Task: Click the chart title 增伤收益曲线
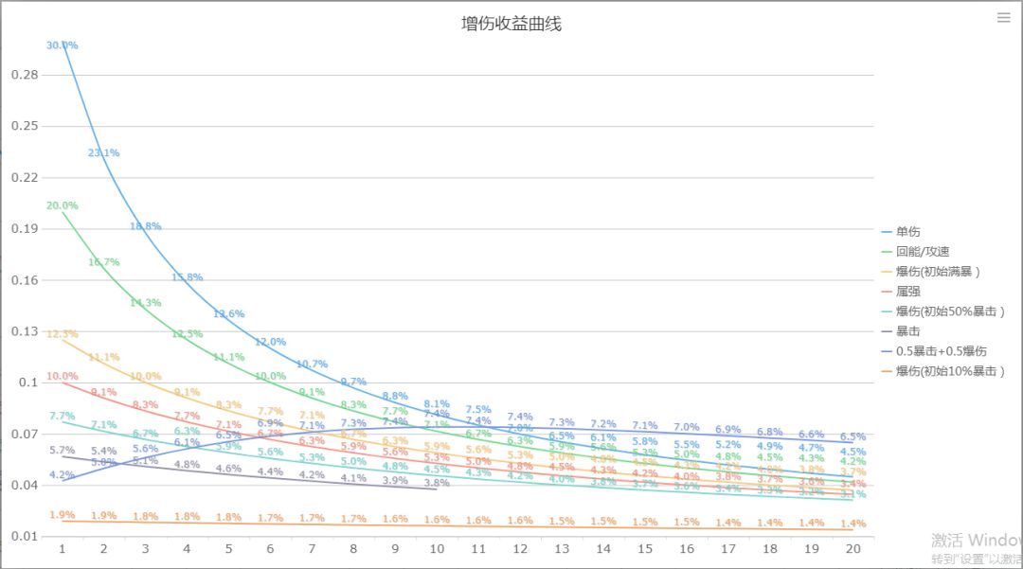pos(511,24)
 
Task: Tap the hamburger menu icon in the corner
pos(1004,17)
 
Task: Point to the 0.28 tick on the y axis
pos(24,75)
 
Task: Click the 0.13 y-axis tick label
pos(24,331)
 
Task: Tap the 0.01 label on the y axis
pos(24,537)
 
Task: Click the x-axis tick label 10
pos(438,549)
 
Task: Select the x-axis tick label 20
pos(852,549)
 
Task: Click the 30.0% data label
pos(63,45)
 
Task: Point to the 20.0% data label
pos(63,205)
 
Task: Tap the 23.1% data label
pos(103,152)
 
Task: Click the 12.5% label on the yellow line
pos(63,334)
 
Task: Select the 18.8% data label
pos(146,226)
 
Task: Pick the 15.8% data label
pos(187,277)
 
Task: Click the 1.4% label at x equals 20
pos(852,524)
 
